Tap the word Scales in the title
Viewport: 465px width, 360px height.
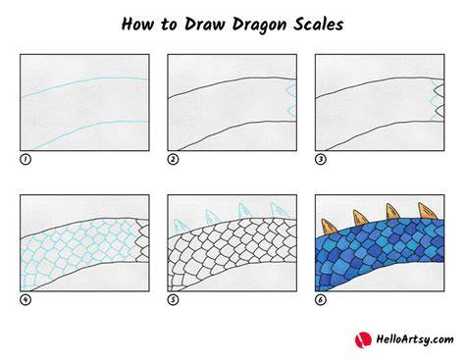click(x=318, y=25)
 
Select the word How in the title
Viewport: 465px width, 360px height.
click(x=137, y=25)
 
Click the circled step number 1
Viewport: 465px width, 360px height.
click(x=26, y=159)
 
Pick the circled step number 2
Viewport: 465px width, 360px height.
click(x=173, y=159)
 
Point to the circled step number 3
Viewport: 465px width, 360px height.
click(x=321, y=159)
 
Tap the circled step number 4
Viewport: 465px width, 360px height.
click(x=26, y=299)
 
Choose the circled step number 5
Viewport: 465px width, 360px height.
click(x=173, y=299)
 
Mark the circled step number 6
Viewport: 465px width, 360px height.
click(x=321, y=299)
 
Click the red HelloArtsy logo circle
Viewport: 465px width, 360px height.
click(x=363, y=340)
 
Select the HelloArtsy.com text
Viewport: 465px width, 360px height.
click(x=415, y=339)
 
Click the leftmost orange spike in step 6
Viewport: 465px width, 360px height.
click(x=330, y=228)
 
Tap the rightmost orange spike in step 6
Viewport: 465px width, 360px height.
click(x=427, y=211)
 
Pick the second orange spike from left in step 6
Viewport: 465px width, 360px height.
click(x=362, y=218)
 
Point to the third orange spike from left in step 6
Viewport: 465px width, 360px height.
click(x=394, y=212)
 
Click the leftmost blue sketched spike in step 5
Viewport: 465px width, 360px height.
click(x=180, y=227)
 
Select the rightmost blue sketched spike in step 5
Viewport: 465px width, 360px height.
click(x=280, y=211)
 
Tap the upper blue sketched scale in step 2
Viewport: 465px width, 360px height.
click(x=291, y=89)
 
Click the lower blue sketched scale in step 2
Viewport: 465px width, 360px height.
click(x=292, y=111)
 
